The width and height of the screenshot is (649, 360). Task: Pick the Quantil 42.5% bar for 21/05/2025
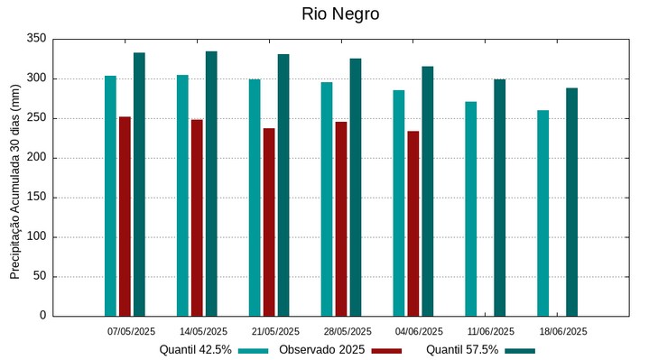click(x=255, y=198)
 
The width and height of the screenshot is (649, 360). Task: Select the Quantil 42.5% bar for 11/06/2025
click(x=471, y=208)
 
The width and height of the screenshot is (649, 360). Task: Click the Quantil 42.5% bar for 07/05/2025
click(x=110, y=196)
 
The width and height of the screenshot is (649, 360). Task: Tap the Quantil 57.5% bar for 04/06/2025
click(x=428, y=191)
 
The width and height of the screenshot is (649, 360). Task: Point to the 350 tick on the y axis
click(x=37, y=39)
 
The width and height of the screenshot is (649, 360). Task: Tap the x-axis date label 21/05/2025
click(x=275, y=331)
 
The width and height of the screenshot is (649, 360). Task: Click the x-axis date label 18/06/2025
click(x=563, y=331)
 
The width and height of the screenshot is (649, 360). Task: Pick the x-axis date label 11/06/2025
click(x=491, y=331)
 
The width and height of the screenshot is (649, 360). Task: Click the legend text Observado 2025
click(x=321, y=350)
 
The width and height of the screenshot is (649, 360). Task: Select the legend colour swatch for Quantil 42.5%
click(x=254, y=350)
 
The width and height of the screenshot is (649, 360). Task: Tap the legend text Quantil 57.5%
click(x=462, y=350)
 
